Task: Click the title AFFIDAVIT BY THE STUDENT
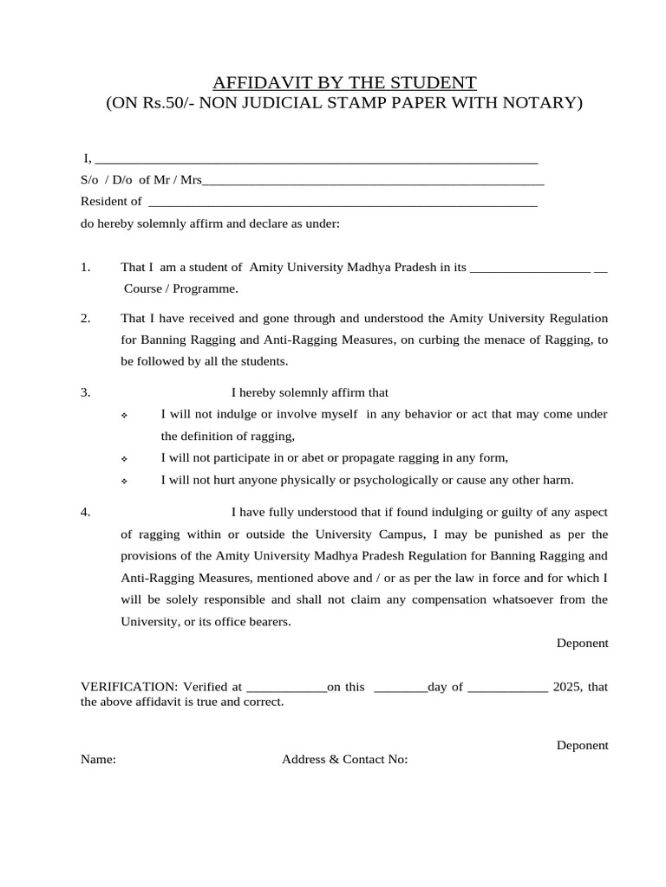click(344, 83)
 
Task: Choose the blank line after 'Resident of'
click(343, 203)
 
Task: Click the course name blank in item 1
click(530, 269)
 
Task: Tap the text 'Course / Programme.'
click(180, 288)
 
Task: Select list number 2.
click(86, 318)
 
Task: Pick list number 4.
click(86, 512)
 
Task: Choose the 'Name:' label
click(98, 760)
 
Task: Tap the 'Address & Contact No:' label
click(344, 760)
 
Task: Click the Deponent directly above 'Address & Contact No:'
click(582, 745)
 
